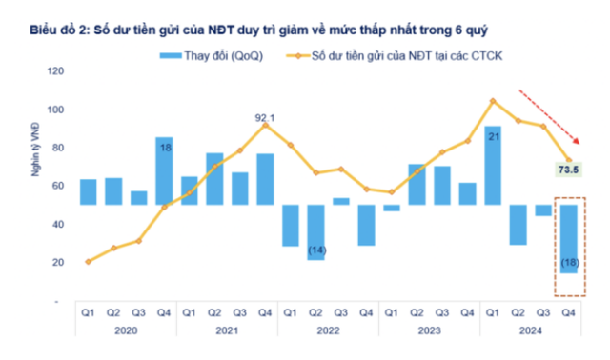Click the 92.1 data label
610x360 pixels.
pyautogui.click(x=265, y=116)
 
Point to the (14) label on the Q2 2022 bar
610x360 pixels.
pyautogui.click(x=315, y=250)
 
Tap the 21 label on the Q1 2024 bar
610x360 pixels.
pyautogui.click(x=493, y=137)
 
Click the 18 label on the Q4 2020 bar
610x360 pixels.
pyautogui.click(x=165, y=149)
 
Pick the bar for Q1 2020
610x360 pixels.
pyautogui.click(x=89, y=191)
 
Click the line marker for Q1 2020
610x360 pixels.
pyautogui.click(x=89, y=261)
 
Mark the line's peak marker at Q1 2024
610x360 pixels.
pyautogui.click(x=493, y=100)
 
